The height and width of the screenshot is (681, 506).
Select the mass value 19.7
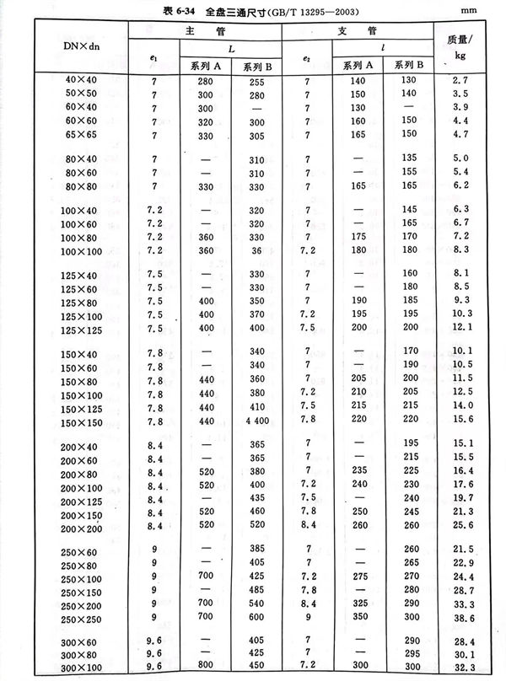[457, 498]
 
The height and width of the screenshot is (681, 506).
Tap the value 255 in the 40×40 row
[254, 80]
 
